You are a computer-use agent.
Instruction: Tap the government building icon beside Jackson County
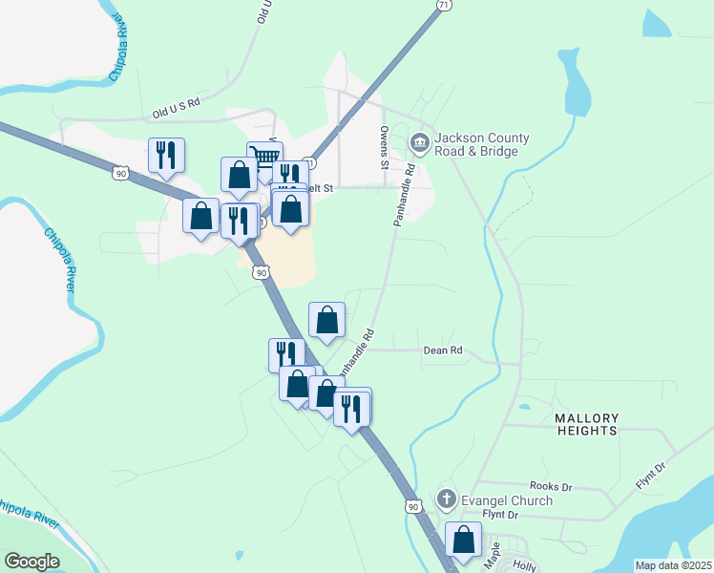pos(419,143)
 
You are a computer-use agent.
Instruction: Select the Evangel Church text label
pos(506,500)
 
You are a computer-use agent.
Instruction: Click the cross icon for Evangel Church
pos(446,499)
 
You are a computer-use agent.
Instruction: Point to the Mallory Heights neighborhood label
pos(586,424)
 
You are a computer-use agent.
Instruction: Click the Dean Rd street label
pos(442,350)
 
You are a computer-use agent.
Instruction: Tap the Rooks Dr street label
pos(551,487)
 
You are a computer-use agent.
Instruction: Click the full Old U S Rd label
pos(177,107)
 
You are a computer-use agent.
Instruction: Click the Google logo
pos(31,562)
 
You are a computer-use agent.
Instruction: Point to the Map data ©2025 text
pos(673,565)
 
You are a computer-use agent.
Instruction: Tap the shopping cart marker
pos(264,157)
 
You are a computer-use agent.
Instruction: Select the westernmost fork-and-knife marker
pos(167,154)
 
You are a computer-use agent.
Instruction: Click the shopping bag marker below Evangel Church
pos(464,539)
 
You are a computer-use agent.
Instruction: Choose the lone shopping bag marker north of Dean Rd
pos(326,319)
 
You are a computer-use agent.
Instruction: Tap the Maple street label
pos(493,557)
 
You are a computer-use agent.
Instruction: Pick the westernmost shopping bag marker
pos(201,215)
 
